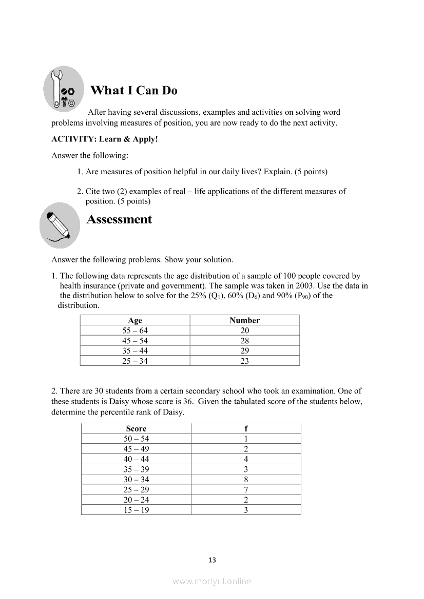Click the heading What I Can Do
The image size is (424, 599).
point(133,91)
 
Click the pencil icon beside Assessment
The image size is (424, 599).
point(60,225)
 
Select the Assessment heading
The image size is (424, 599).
point(119,220)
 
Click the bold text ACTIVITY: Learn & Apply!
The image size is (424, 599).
point(104,139)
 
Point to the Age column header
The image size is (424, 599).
point(135,320)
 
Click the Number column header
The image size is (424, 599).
point(244,320)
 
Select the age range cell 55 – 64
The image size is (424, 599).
point(135,331)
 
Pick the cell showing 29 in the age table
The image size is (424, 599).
point(244,351)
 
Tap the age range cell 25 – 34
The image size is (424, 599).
point(135,361)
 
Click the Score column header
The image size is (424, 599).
point(136,428)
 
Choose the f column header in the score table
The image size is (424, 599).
point(246,428)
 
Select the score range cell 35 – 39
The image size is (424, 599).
point(136,469)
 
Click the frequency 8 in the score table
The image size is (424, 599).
point(246,480)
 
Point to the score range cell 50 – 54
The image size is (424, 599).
point(136,439)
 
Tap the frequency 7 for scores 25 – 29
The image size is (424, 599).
point(246,489)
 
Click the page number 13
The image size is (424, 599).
point(212,560)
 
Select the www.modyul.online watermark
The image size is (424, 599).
point(212,581)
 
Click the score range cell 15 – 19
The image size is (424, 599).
point(136,510)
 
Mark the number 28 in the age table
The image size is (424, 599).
point(244,341)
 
